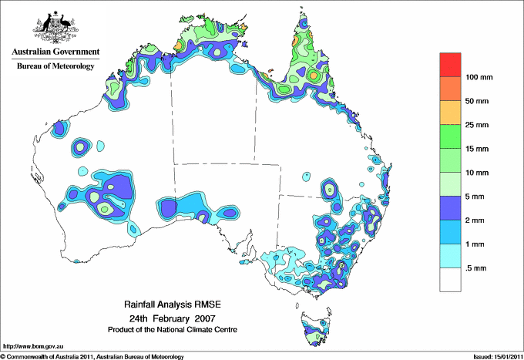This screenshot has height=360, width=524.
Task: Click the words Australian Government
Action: (55, 52)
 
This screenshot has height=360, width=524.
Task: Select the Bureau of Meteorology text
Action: (55, 66)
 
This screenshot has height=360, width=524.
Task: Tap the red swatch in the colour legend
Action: (450, 65)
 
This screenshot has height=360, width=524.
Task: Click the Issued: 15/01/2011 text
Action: (493, 356)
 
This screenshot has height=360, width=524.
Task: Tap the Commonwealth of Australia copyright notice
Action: (92, 356)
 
